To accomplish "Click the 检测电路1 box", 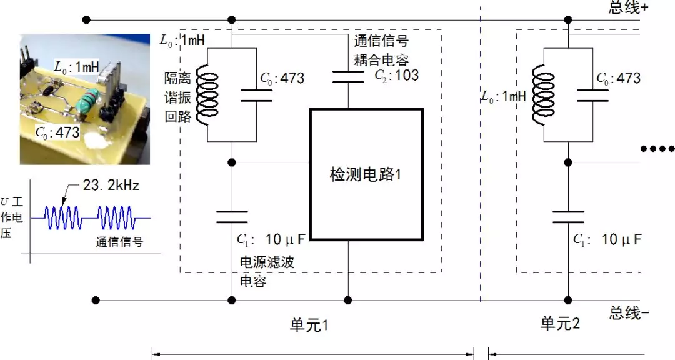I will point(366,174).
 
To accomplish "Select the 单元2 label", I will point(560,324).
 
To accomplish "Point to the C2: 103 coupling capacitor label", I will point(396,76).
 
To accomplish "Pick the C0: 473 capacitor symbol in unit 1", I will point(256,94).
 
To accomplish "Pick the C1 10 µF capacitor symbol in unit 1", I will point(232,217).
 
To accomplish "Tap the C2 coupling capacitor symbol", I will point(347,77).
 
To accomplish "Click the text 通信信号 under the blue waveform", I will point(119,242).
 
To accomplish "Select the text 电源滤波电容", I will point(266,271).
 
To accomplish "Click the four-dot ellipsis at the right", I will point(658,149).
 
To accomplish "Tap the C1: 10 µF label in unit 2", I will point(607,239).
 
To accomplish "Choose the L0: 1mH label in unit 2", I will point(504,97).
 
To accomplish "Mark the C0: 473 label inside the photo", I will point(57,132).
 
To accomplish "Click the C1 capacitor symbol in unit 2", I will point(568,217).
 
